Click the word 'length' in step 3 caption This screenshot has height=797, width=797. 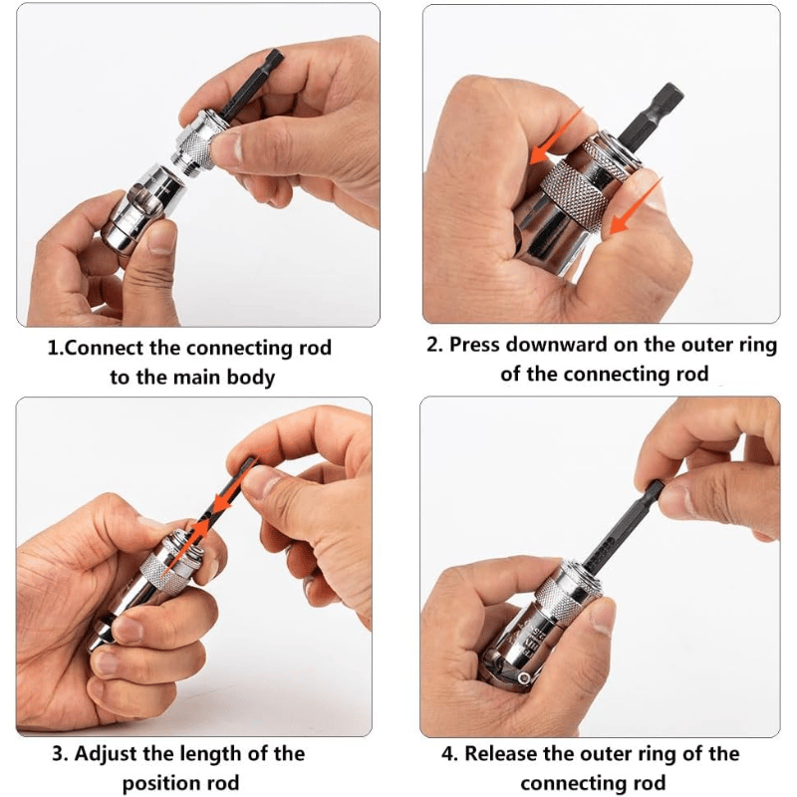tap(214, 753)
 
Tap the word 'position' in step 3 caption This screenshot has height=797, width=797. tap(162, 783)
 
